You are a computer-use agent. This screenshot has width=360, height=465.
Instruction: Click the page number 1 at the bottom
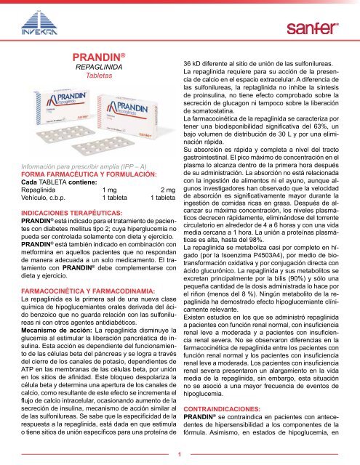[x=180, y=454]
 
